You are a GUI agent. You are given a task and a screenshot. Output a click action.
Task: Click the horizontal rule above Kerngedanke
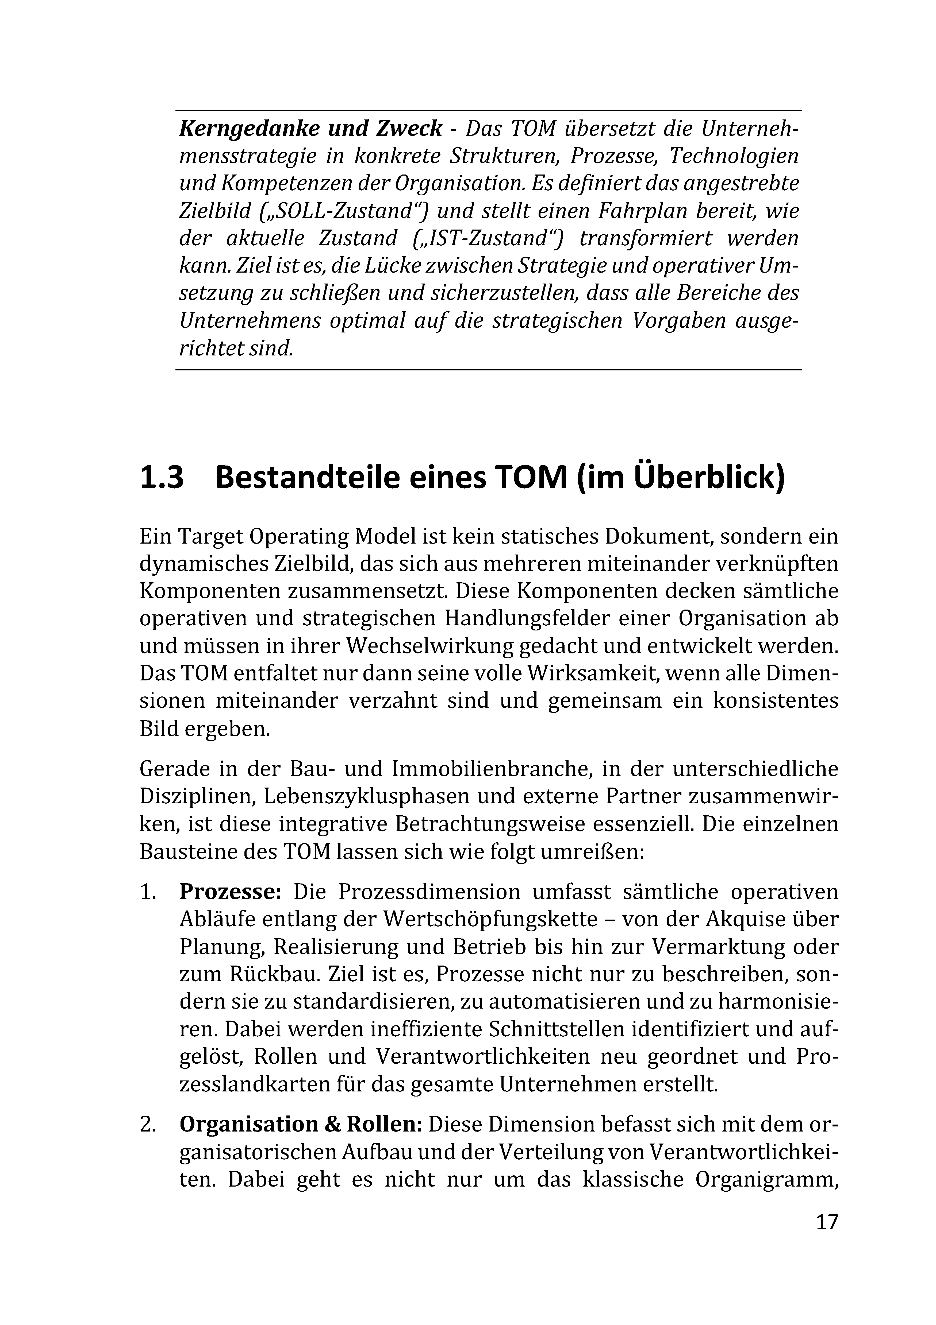click(489, 110)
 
